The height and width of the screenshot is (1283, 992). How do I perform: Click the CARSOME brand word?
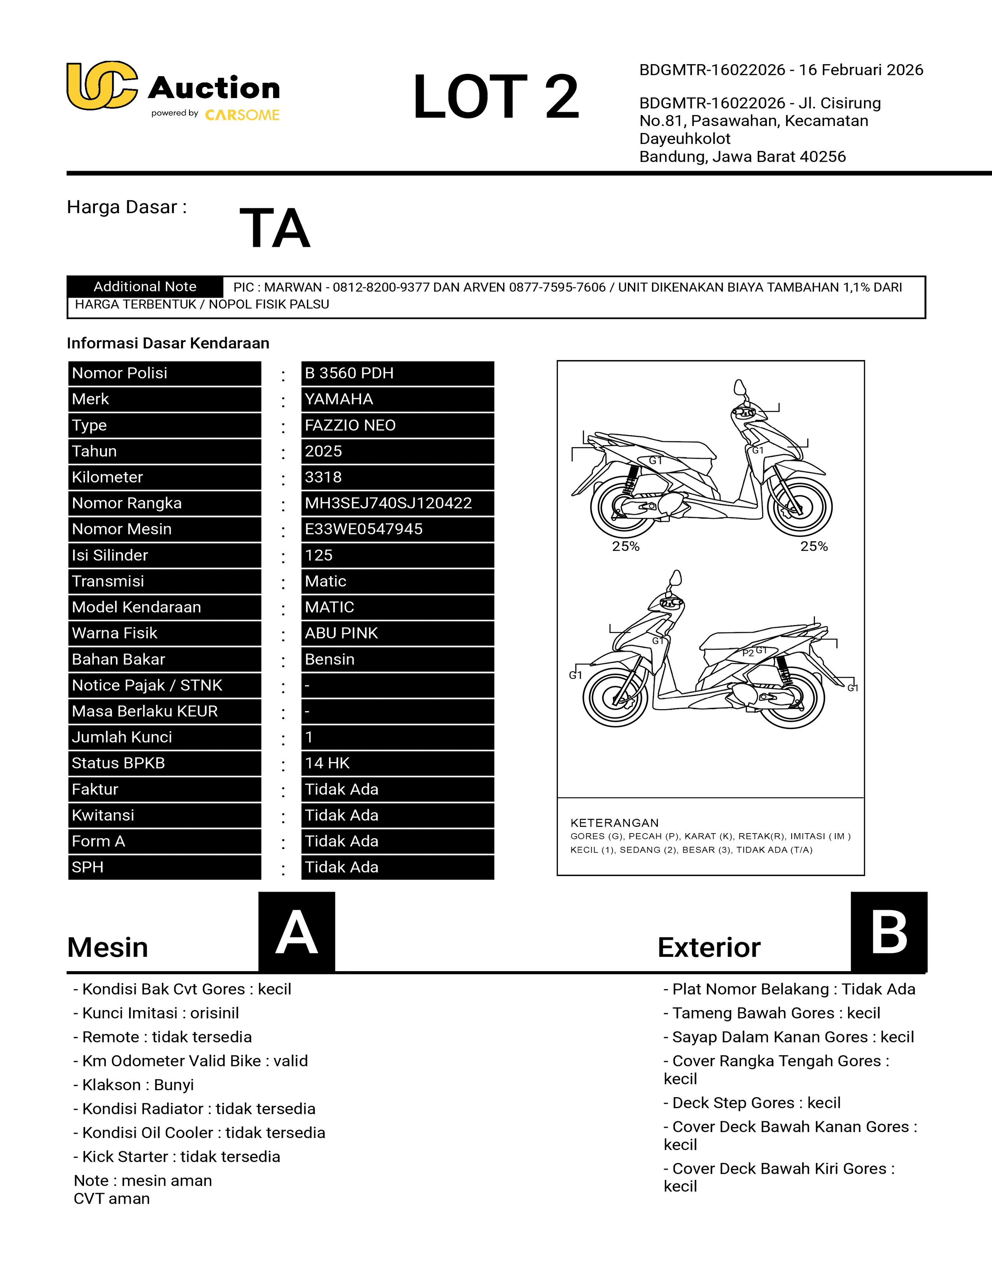pos(242,115)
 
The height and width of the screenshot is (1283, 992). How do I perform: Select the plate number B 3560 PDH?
pos(349,373)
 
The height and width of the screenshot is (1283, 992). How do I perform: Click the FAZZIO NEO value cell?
pos(350,425)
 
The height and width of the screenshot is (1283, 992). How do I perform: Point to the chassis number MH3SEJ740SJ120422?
pos(388,503)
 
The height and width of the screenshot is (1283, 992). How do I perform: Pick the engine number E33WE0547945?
pos(363,529)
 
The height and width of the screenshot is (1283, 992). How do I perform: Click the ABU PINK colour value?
pos(341,633)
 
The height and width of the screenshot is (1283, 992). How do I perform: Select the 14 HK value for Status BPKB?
pos(327,763)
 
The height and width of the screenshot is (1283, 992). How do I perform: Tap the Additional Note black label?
pos(145,287)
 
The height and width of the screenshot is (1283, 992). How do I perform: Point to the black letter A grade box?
pos(297,932)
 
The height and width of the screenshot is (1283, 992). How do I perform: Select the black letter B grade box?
pos(889,932)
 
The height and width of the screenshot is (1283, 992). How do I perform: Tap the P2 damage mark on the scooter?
pos(748,653)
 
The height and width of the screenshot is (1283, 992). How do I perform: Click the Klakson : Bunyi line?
pos(133,1084)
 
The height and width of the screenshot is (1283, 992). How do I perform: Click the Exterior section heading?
pos(709,947)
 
